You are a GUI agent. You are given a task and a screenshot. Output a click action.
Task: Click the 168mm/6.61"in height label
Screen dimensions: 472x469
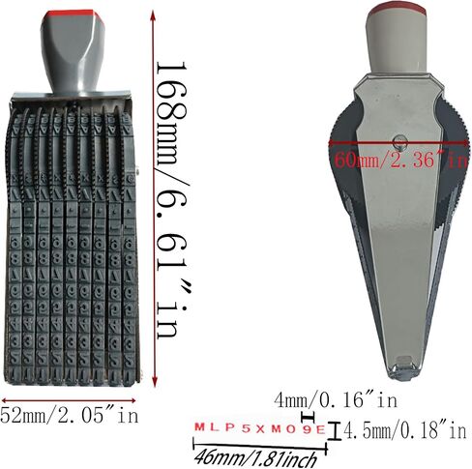[x=172, y=200]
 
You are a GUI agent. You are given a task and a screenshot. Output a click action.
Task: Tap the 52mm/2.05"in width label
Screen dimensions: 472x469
[x=69, y=416]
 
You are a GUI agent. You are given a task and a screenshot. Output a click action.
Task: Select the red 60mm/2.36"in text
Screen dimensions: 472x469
[x=400, y=160]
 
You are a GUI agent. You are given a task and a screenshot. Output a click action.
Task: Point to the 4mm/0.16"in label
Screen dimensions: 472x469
[x=336, y=400]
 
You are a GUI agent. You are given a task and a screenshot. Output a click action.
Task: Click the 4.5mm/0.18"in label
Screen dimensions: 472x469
[x=404, y=430]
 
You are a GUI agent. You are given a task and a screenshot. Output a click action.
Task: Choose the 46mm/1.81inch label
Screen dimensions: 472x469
[x=256, y=458]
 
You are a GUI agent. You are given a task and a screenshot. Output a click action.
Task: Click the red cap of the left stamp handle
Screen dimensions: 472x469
[x=74, y=15]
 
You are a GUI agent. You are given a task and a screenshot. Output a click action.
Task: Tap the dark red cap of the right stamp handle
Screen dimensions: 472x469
[x=398, y=8]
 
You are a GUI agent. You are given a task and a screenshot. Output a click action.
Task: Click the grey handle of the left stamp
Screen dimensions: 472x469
[x=73, y=55]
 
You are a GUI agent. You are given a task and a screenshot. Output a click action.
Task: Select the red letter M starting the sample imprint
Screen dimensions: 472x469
[x=200, y=427]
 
